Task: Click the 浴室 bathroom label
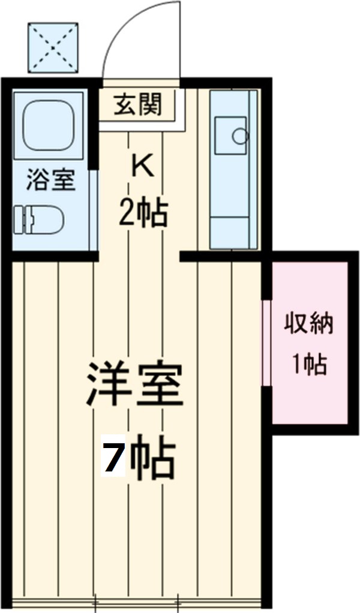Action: point(50,179)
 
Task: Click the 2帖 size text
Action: point(143,212)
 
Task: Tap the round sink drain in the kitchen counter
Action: point(240,136)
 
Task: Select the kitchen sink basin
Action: point(230,136)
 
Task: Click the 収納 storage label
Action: point(308,324)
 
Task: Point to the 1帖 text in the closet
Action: point(309,363)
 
